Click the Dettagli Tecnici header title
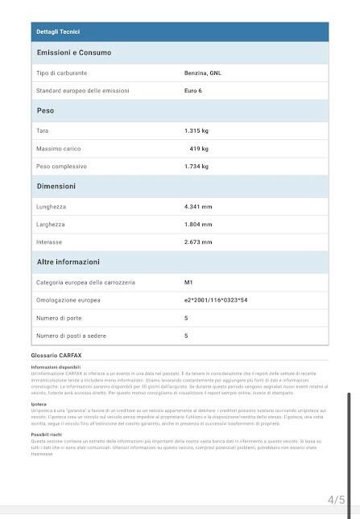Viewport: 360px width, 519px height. (x=58, y=31)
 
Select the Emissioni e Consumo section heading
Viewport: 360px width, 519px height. (x=74, y=53)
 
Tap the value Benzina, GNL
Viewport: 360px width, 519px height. (x=203, y=73)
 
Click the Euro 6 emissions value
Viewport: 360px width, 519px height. (x=194, y=90)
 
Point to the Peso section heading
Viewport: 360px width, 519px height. (x=46, y=110)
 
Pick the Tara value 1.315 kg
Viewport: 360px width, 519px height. (x=197, y=130)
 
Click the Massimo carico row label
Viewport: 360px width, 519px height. (x=59, y=149)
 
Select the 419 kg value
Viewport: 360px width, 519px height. (x=199, y=149)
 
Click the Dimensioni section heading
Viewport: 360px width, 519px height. (x=56, y=187)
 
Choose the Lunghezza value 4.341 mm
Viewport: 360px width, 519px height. (x=198, y=207)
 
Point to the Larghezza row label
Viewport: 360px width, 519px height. (x=52, y=224)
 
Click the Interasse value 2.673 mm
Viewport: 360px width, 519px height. (x=198, y=242)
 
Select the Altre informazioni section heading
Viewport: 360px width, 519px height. (x=68, y=262)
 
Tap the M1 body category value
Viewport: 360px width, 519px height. (x=189, y=282)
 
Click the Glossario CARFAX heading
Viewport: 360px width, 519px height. (x=62, y=355)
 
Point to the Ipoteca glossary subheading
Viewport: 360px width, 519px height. (x=39, y=405)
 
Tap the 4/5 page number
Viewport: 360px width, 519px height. (x=336, y=500)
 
